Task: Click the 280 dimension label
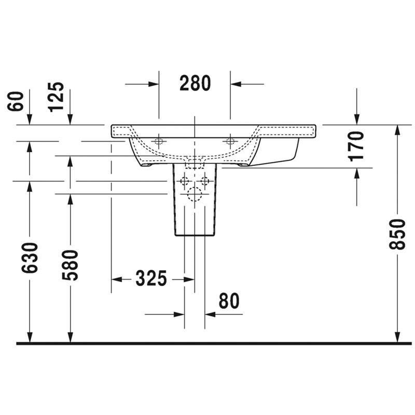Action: click(x=195, y=83)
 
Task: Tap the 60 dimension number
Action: click(x=16, y=101)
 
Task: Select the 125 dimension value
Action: click(x=57, y=97)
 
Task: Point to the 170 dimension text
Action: click(x=356, y=146)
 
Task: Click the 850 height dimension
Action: click(x=397, y=234)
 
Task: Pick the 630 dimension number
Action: click(x=30, y=258)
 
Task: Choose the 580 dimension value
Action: click(x=70, y=265)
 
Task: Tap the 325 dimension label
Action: click(x=151, y=278)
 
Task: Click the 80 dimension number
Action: click(x=229, y=301)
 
